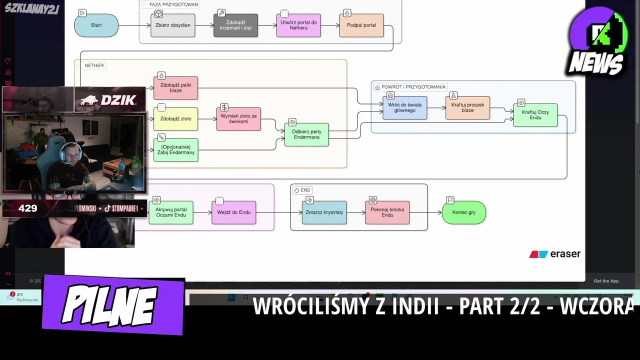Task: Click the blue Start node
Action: (x=96, y=25)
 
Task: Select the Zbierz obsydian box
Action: (x=173, y=25)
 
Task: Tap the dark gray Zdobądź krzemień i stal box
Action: (x=235, y=25)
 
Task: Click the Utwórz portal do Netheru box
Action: (x=298, y=25)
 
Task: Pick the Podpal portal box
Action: (x=361, y=25)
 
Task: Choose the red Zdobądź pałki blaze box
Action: (x=175, y=88)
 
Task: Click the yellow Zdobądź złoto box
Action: (x=175, y=119)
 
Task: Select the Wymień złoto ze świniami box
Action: (x=238, y=119)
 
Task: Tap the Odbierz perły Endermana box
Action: (x=306, y=134)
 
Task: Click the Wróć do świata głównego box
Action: (x=404, y=107)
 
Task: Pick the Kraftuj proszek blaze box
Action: (x=467, y=107)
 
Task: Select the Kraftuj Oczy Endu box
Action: (x=535, y=115)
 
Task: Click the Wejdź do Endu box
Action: (x=233, y=212)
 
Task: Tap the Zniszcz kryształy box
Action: (x=324, y=212)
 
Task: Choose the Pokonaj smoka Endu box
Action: (x=387, y=212)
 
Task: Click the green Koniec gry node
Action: (x=463, y=212)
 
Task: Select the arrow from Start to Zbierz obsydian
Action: (x=134, y=25)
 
